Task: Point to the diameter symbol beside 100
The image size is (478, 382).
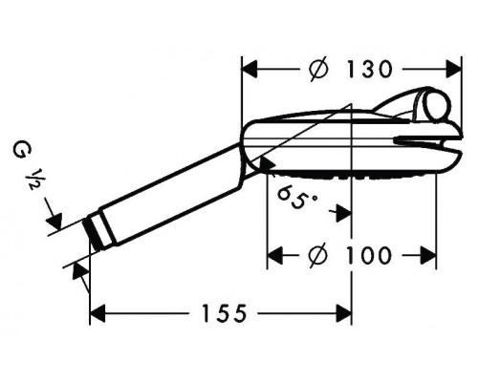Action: [x=320, y=255]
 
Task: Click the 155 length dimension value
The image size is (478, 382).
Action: [x=222, y=312]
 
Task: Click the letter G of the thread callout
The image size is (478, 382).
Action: [x=19, y=150]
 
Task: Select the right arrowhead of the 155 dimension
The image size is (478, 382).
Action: [x=347, y=312]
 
